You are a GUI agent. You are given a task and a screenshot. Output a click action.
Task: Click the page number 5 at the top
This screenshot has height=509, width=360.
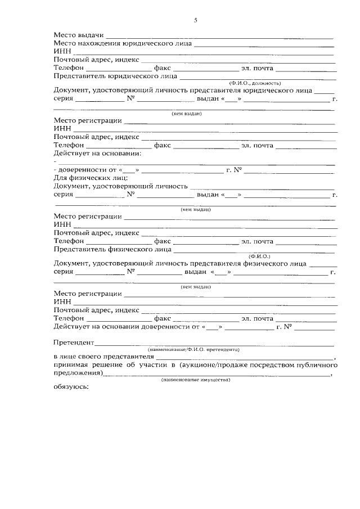195,21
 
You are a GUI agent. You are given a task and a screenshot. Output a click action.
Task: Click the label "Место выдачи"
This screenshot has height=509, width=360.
79,35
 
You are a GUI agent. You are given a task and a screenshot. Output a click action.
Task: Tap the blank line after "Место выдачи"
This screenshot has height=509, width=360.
219,37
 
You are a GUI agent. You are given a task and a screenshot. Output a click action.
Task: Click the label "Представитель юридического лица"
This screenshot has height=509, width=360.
115,75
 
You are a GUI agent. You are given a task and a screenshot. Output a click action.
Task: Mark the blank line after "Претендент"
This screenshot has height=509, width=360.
214,344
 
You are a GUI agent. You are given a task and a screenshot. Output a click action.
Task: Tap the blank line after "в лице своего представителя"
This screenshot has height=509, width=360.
245,359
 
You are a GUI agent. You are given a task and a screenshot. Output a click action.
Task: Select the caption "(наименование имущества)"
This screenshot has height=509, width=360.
195,380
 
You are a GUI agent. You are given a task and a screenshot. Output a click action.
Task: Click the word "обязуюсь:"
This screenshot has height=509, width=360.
71,388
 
